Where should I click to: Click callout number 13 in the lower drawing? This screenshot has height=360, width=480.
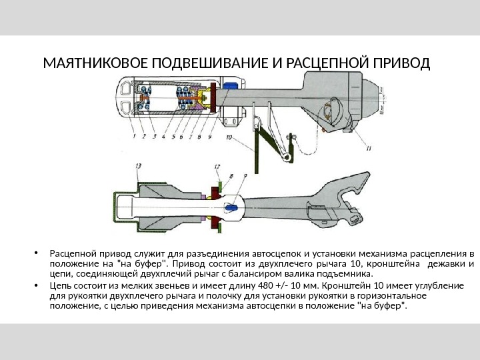point(138,165)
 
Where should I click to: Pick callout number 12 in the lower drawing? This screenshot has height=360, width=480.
point(218,166)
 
